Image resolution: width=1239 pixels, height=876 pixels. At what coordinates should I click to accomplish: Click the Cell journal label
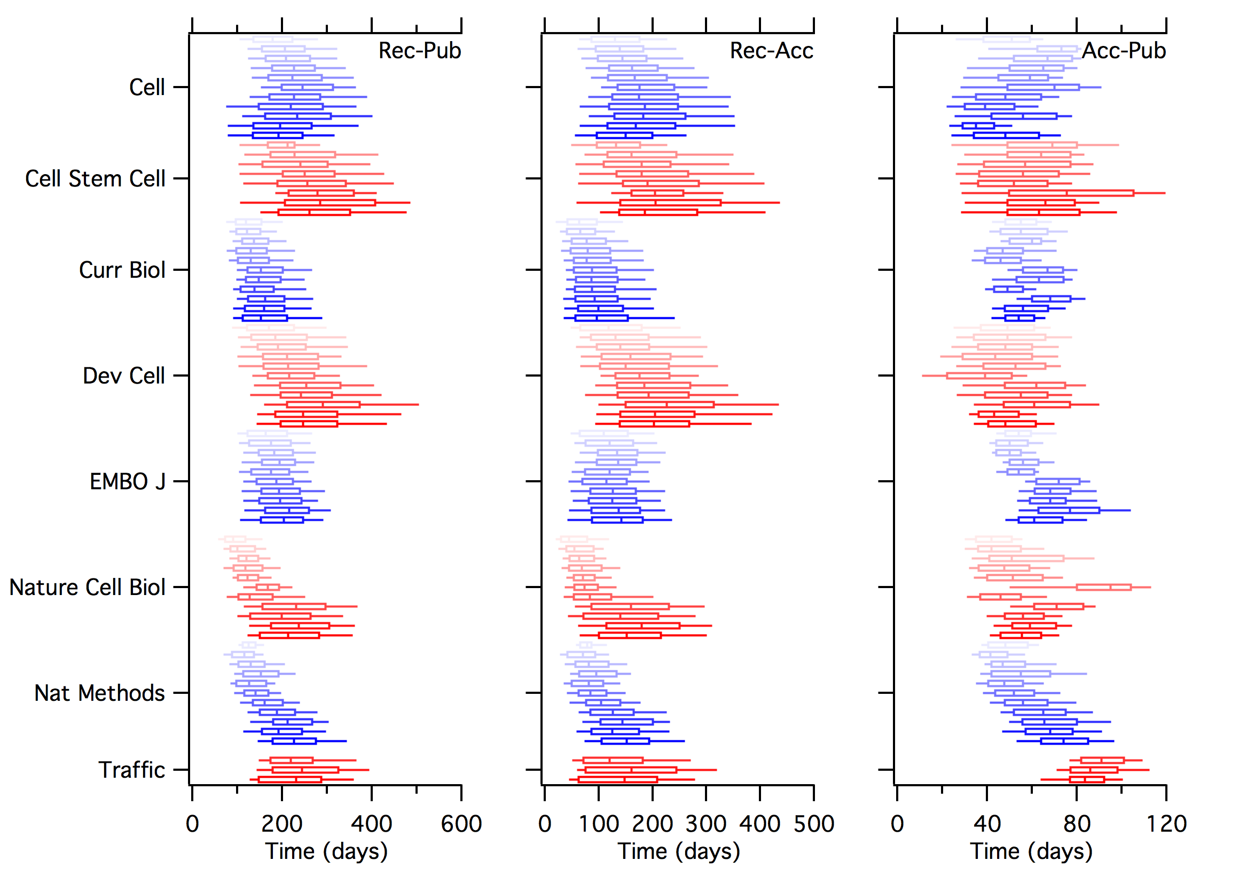tap(147, 87)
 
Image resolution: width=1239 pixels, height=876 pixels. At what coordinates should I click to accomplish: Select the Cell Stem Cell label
tap(95, 178)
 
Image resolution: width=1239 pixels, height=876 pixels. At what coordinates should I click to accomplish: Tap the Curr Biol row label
tap(122, 270)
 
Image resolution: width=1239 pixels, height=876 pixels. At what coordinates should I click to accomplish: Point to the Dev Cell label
tap(123, 376)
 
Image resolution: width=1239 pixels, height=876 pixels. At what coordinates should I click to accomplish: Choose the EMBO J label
tap(127, 481)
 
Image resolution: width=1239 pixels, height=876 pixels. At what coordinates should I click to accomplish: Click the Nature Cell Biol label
tap(88, 587)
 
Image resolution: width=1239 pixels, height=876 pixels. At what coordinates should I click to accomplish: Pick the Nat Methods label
tap(100, 693)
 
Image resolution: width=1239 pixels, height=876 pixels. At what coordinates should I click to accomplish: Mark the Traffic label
tap(132, 770)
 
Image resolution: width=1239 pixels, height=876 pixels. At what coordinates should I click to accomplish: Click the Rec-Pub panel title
tap(420, 51)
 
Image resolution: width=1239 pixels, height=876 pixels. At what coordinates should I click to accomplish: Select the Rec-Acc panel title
tap(772, 51)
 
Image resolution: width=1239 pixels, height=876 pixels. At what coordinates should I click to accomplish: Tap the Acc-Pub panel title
tap(1124, 51)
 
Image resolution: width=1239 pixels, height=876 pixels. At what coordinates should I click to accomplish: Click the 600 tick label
tap(461, 824)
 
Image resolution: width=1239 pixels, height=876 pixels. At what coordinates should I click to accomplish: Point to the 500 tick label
tap(814, 824)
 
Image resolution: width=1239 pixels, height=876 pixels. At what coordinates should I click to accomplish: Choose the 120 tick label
tap(1166, 824)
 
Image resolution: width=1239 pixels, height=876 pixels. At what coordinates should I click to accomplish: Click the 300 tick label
tap(707, 824)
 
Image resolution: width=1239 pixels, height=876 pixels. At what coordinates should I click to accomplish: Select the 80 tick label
tap(1077, 824)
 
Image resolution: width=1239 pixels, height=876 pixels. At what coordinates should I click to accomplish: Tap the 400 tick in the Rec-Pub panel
tap(371, 824)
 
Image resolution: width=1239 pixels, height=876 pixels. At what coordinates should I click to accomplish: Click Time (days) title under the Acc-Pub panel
tap(1031, 852)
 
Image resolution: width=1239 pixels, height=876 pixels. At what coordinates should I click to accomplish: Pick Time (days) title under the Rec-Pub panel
tap(326, 852)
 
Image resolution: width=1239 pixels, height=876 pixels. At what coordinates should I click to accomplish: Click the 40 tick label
tap(987, 824)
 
